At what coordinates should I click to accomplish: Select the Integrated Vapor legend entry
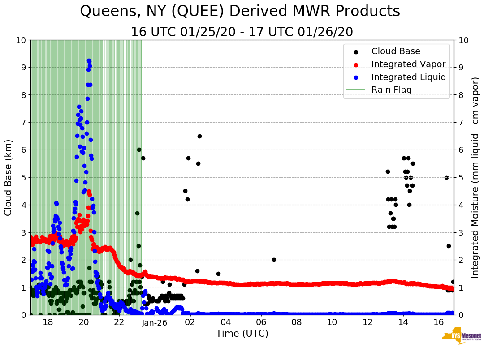[x=408, y=64]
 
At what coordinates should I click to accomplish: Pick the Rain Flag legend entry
[x=391, y=90]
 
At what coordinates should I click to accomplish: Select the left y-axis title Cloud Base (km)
[x=8, y=177]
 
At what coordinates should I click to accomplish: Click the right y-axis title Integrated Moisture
[x=475, y=177]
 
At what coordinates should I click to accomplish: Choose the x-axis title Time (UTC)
[x=242, y=334]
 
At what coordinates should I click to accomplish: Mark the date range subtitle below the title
[x=242, y=32]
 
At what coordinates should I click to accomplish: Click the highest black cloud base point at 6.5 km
[x=199, y=136]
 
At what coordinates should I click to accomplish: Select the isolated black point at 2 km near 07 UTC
[x=274, y=260]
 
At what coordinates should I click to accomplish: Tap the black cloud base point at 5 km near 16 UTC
[x=446, y=177]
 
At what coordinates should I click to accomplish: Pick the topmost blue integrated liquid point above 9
[x=89, y=61]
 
